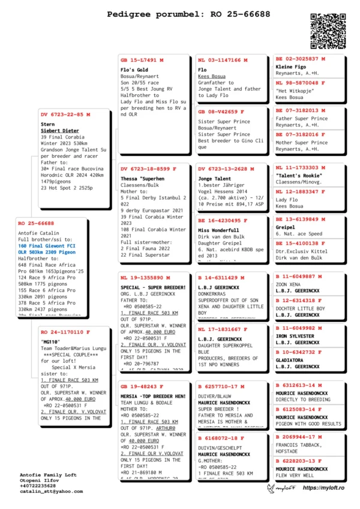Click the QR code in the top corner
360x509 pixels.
coord(329,29)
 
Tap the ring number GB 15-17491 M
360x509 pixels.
coord(142,61)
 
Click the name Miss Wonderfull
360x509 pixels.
coord(218,230)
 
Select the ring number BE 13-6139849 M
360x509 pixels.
coord(301,220)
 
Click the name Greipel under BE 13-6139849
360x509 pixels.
coord(286,228)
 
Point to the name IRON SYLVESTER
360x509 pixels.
coord(295,336)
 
